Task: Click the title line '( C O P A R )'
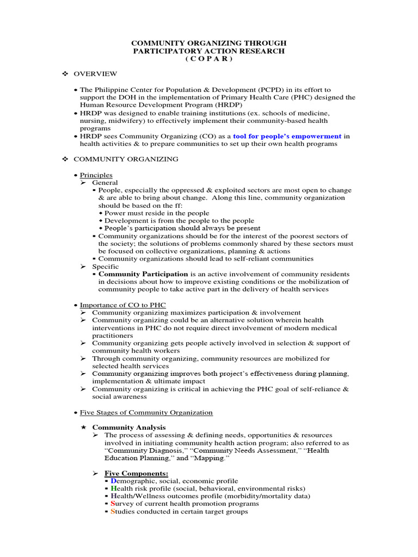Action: tap(210, 59)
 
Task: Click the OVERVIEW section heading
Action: tap(95, 74)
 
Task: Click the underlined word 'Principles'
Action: tap(96, 175)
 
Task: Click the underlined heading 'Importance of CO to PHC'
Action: tap(123, 305)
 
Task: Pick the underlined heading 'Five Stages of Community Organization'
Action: tap(146, 412)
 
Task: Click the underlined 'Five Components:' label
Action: tap(137, 473)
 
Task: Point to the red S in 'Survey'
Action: tap(113, 504)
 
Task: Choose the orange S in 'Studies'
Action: tap(113, 511)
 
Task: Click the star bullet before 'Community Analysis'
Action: tap(83, 428)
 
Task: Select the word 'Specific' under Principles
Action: tap(105, 267)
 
